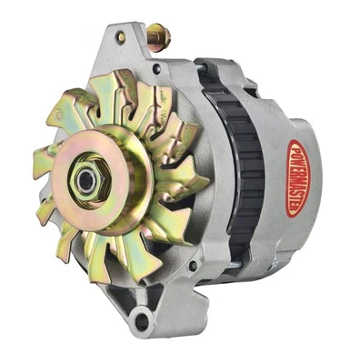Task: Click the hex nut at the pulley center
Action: coord(87,180)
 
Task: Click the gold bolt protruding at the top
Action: coord(160,39)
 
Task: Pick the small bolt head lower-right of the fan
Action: coord(191,266)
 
